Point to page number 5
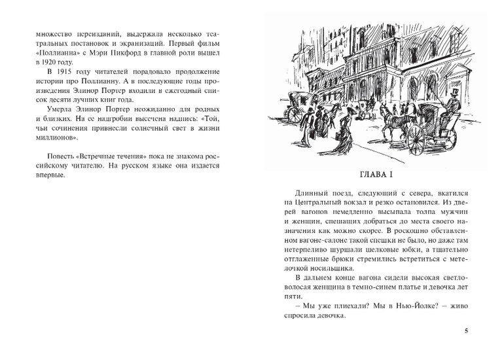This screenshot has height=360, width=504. pyautogui.click(x=466, y=330)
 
